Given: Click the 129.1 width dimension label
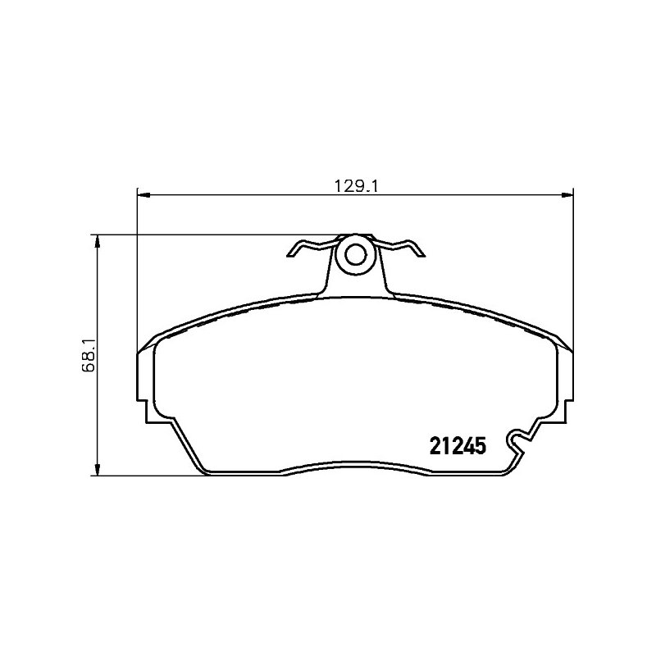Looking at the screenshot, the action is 356,186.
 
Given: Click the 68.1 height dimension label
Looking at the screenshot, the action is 89,355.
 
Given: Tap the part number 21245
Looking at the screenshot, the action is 458,446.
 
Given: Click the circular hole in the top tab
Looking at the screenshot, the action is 356,255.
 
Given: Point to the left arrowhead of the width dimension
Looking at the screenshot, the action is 143,194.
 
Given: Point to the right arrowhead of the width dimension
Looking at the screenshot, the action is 567,194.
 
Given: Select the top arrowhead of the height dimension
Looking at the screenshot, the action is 98,241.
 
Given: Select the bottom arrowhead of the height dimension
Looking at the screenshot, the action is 98,469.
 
